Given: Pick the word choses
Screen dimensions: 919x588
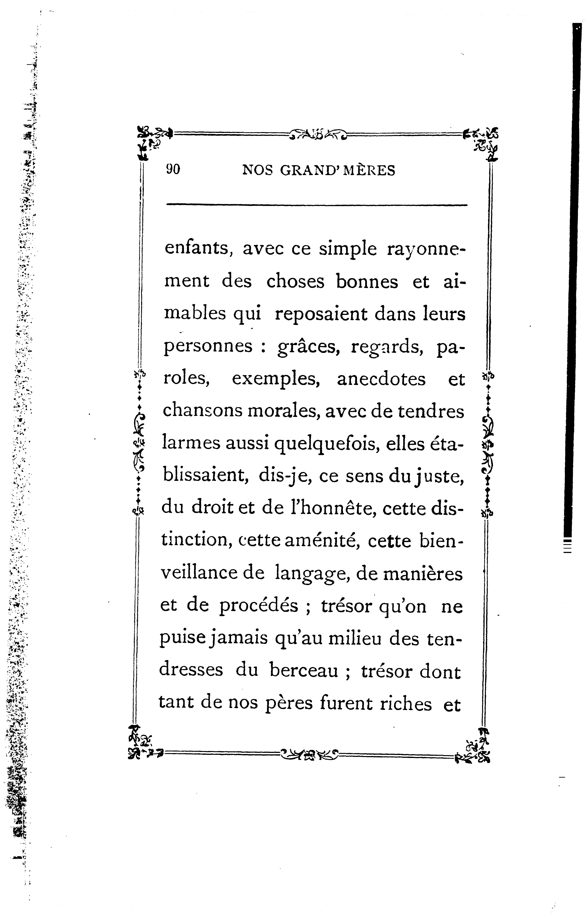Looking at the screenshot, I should (x=295, y=282).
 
